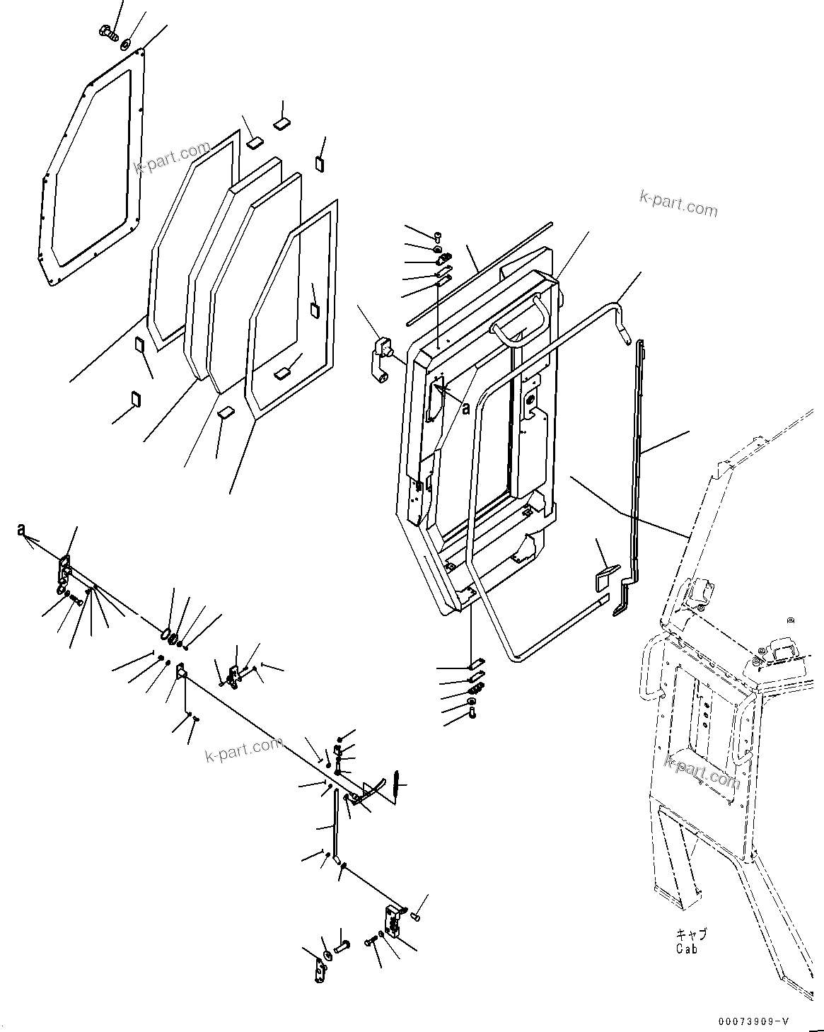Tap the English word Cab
coord(685,949)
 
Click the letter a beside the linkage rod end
coord(22,530)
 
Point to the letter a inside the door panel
coord(465,407)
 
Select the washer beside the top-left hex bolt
coord(125,44)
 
